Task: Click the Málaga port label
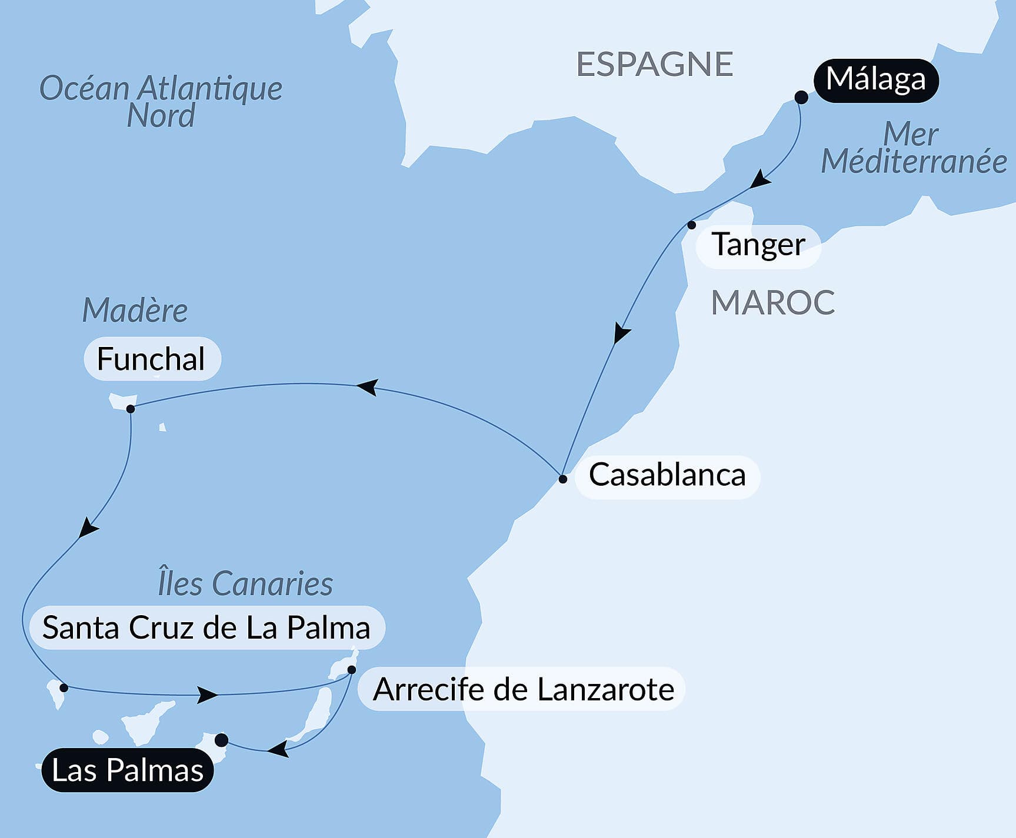tap(875, 81)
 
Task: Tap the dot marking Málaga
tap(801, 97)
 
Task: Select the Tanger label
tap(758, 246)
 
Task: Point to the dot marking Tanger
tap(692, 225)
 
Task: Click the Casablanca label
tap(667, 476)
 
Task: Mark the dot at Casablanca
tap(563, 479)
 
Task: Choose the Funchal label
tap(151, 359)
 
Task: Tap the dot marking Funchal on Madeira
tap(131, 409)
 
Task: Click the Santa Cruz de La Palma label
tap(206, 628)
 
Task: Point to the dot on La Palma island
tap(64, 687)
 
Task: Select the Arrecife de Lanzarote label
tap(523, 690)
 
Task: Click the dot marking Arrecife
tap(352, 670)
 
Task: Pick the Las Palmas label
tap(128, 770)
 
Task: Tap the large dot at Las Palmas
tap(221, 740)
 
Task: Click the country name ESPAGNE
tap(654, 64)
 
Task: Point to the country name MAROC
tap(772, 303)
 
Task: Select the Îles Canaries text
tap(245, 584)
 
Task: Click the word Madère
tap(135, 311)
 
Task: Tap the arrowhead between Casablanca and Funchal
tap(367, 387)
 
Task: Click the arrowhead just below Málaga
tap(759, 179)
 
